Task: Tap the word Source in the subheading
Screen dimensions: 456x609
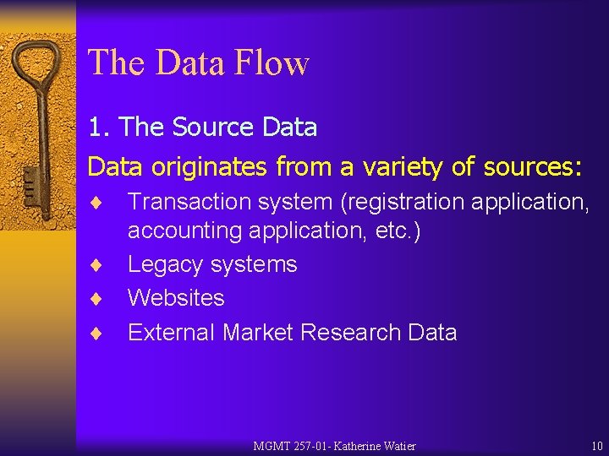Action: pyautogui.click(x=211, y=128)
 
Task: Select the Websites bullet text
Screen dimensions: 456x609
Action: pyautogui.click(x=176, y=298)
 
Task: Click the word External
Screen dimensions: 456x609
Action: pyautogui.click(x=172, y=332)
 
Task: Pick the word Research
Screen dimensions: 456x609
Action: pyautogui.click(x=349, y=332)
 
